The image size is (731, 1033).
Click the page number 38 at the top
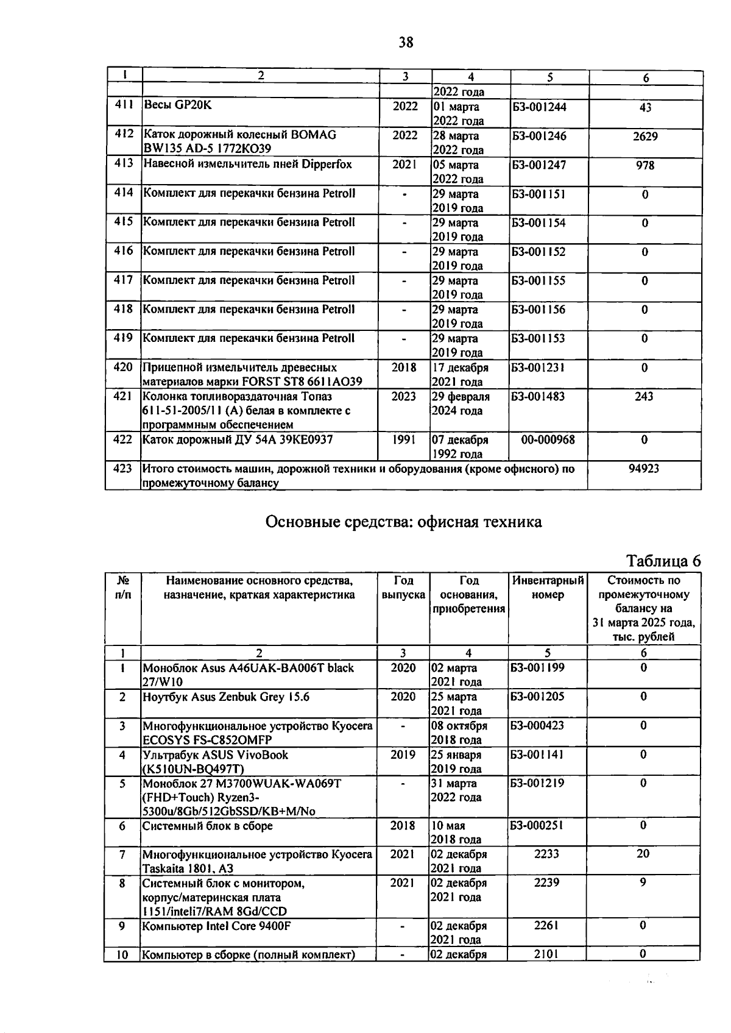406,42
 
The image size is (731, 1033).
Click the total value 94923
643,469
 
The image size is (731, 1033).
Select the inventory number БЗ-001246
540,136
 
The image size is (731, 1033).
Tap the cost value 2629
644,137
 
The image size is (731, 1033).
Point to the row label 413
124,164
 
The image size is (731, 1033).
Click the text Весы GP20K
177,105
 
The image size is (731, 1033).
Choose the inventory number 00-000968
548,439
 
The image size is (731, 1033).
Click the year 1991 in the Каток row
404,439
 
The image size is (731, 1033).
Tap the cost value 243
644,397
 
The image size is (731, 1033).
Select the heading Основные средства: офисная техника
403,522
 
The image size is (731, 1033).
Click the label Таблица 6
663,561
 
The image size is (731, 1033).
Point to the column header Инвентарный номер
548,587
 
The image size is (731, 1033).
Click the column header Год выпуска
403,587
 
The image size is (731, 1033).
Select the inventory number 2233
546,854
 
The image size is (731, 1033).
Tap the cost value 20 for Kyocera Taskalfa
643,854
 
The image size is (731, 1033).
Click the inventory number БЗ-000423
537,726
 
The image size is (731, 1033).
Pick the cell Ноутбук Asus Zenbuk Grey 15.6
226,697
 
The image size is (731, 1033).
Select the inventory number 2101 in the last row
546,954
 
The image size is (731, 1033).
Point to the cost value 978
644,165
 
